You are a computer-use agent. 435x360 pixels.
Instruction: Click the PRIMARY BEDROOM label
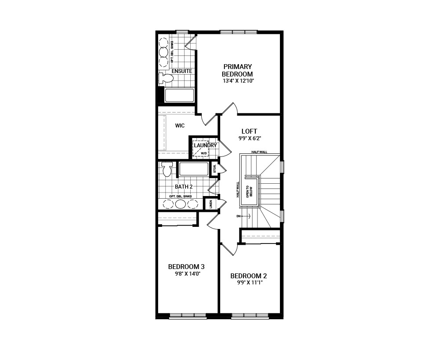[237, 70]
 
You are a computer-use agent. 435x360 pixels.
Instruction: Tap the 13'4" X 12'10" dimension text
[238, 81]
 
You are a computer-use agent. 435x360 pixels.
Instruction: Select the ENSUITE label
[182, 71]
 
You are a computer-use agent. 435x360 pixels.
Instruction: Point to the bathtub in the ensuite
[180, 95]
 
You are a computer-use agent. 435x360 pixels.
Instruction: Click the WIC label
[180, 126]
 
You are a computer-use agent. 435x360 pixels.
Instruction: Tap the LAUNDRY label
[205, 145]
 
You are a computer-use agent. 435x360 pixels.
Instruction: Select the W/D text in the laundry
[204, 153]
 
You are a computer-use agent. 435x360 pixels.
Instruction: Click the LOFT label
[250, 131]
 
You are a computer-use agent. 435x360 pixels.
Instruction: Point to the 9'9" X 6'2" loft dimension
[250, 138]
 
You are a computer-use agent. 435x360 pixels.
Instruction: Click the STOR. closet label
[215, 168]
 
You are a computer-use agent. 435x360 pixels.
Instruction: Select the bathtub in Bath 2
[194, 169]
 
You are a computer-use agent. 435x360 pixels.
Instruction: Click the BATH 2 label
[184, 187]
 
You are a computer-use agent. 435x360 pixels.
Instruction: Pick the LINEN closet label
[210, 204]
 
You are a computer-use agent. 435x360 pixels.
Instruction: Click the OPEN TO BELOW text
[250, 191]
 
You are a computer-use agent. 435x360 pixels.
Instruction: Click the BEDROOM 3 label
[186, 267]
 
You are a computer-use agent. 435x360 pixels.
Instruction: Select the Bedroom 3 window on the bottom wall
[188, 316]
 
